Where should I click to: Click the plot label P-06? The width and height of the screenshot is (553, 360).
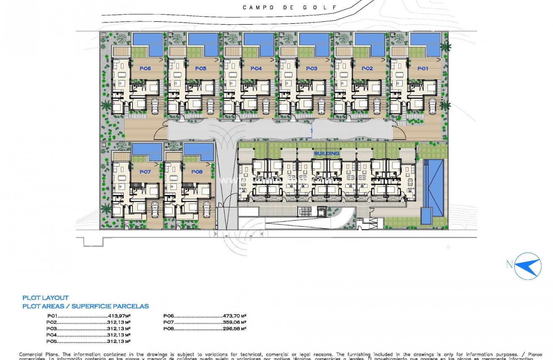[145, 68]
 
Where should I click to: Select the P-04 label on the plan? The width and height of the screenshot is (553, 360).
[256, 68]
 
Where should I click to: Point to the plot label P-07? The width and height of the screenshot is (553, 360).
[145, 172]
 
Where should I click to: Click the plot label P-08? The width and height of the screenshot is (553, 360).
[197, 172]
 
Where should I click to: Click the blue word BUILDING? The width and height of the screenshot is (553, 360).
[326, 153]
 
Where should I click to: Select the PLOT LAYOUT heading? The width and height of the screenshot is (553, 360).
[45, 298]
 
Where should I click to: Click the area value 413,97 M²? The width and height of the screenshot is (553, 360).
[119, 316]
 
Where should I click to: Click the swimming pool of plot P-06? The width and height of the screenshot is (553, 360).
[148, 42]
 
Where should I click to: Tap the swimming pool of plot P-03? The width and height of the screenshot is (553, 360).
[314, 42]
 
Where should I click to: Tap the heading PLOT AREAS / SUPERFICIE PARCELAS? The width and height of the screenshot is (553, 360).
[85, 306]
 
